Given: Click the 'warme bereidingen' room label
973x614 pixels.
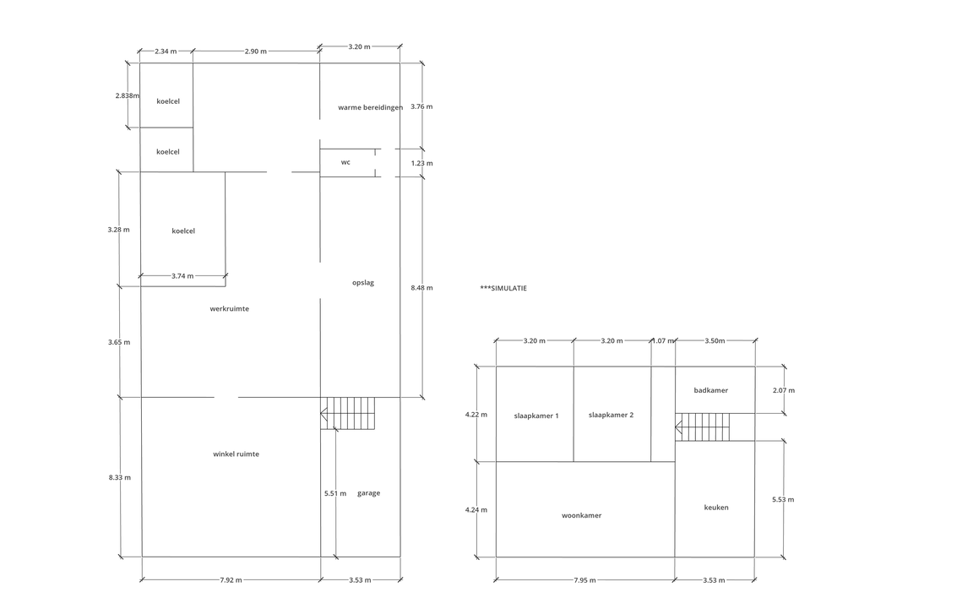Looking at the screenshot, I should tap(370, 107).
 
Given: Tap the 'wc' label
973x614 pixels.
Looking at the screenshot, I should tap(345, 162).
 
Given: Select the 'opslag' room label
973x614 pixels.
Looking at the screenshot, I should tap(362, 283).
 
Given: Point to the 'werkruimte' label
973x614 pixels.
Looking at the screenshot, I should tap(229, 309).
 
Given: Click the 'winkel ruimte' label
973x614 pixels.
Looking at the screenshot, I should tap(236, 454).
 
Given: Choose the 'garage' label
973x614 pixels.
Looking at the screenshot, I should tap(368, 493).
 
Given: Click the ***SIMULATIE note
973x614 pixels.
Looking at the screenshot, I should tap(503, 288).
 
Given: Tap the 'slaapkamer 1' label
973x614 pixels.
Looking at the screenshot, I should tap(536, 416).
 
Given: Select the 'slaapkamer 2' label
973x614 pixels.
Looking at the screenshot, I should tap(611, 415).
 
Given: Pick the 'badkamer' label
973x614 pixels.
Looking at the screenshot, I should tap(710, 390).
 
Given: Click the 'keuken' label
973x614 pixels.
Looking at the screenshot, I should tap(716, 508).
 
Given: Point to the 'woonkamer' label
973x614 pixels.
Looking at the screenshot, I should tap(581, 515).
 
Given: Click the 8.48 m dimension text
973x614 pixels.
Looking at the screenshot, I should tap(421, 288).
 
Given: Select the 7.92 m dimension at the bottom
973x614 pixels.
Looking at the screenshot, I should tap(231, 580).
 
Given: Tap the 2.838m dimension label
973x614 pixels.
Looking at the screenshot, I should tap(128, 95).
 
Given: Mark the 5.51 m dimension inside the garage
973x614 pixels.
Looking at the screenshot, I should tap(335, 493).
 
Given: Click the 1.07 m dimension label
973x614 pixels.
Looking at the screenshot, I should tap(664, 341).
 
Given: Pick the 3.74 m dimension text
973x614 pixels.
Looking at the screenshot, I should tap(182, 276).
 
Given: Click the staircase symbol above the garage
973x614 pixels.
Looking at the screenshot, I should tap(348, 414).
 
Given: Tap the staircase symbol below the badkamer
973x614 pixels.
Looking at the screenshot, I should tap(703, 427).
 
